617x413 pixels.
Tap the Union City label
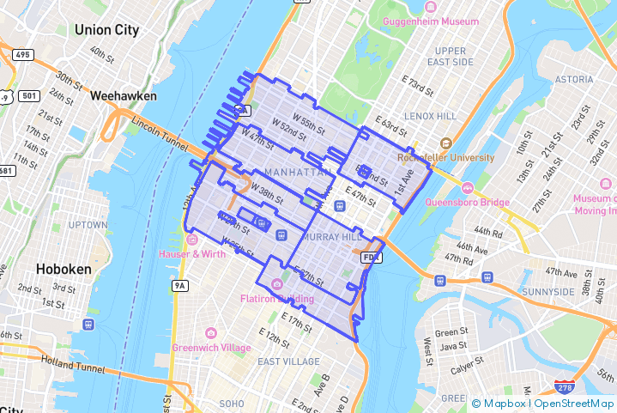pyautogui.click(x=106, y=30)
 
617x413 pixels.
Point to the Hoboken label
pyautogui.click(x=63, y=269)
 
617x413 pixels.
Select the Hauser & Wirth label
pyautogui.click(x=192, y=253)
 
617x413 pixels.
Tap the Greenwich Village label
pyautogui.click(x=211, y=348)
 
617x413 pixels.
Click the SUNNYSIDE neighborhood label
pyautogui.click(x=547, y=292)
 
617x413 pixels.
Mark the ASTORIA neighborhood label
pyautogui.click(x=573, y=79)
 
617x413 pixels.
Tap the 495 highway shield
pyautogui.click(x=22, y=55)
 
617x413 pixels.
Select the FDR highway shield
pyautogui.click(x=370, y=257)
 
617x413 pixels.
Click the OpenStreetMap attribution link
pyautogui.click(x=574, y=404)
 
